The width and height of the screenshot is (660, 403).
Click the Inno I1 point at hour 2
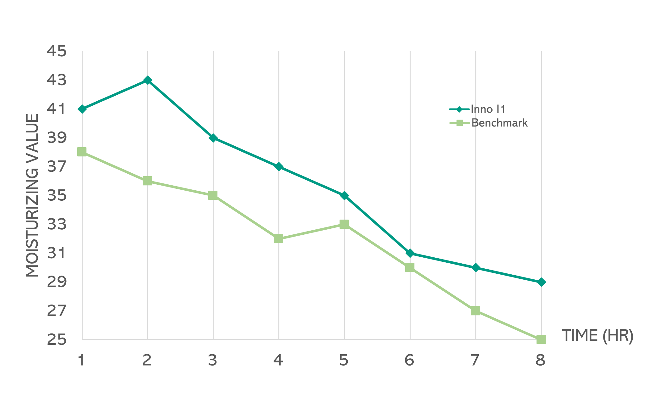(x=147, y=80)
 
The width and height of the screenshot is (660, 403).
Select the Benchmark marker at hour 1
(x=82, y=152)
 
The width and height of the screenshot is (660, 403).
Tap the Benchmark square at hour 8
(x=541, y=339)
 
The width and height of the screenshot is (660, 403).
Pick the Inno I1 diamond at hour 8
(x=541, y=282)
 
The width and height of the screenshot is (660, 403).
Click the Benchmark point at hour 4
(x=278, y=238)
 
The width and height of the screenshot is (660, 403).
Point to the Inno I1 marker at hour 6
(x=410, y=253)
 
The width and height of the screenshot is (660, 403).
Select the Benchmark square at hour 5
(x=344, y=224)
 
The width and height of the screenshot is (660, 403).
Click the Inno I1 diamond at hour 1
(x=82, y=109)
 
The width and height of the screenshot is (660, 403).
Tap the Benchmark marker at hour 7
(x=475, y=311)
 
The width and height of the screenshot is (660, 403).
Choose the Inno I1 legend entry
(x=488, y=109)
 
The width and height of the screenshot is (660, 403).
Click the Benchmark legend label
(x=499, y=123)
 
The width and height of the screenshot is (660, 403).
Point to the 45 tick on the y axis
(x=57, y=51)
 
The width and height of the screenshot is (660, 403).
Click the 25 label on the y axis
(x=57, y=340)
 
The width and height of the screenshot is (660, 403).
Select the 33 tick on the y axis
(x=57, y=225)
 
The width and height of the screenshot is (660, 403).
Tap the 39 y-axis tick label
(x=57, y=138)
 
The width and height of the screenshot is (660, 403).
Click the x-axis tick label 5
(x=344, y=360)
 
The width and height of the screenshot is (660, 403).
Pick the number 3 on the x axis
(x=213, y=360)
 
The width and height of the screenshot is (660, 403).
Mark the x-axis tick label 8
(x=541, y=360)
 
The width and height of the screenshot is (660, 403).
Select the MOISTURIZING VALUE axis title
(x=32, y=195)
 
